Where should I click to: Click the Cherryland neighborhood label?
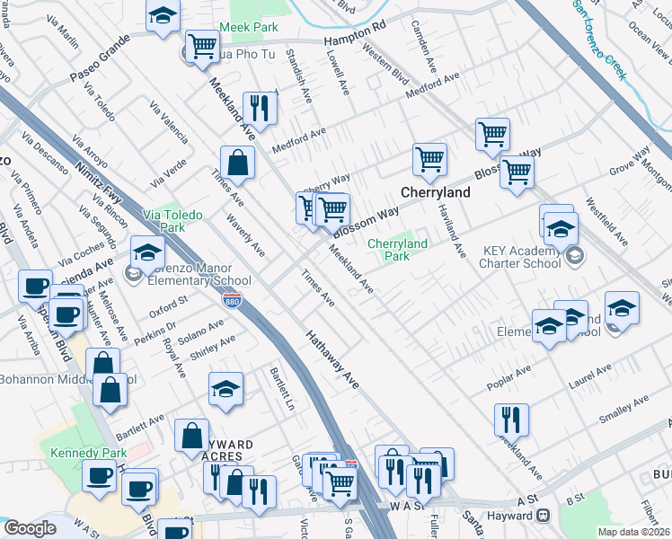(x=435, y=192)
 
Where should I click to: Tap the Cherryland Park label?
(x=396, y=249)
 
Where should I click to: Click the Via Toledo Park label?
(x=172, y=221)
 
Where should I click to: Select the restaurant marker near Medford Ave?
(x=259, y=109)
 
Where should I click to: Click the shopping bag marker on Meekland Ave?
(x=237, y=163)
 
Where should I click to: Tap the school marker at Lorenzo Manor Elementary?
(x=147, y=252)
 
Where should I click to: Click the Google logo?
(x=30, y=528)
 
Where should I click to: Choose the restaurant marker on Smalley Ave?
(x=510, y=419)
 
